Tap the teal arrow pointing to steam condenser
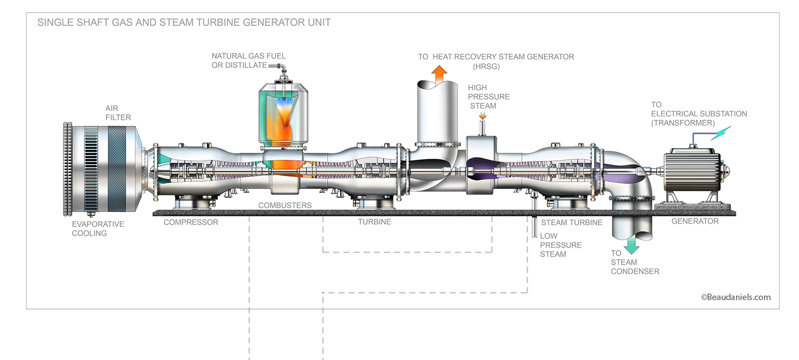point(631,244)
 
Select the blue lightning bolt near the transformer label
point(721,133)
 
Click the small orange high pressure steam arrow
point(482,115)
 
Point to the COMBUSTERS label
point(285,205)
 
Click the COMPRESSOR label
point(191,222)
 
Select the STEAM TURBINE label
point(571,223)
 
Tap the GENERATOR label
point(695,221)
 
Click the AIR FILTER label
point(118,113)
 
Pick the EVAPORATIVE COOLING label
point(97,229)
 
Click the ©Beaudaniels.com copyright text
point(736,297)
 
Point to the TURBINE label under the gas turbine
point(374,222)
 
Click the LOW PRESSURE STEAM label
point(560,245)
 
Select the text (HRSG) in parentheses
point(486,66)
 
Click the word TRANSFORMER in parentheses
point(683,123)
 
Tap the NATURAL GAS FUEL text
point(248,56)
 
